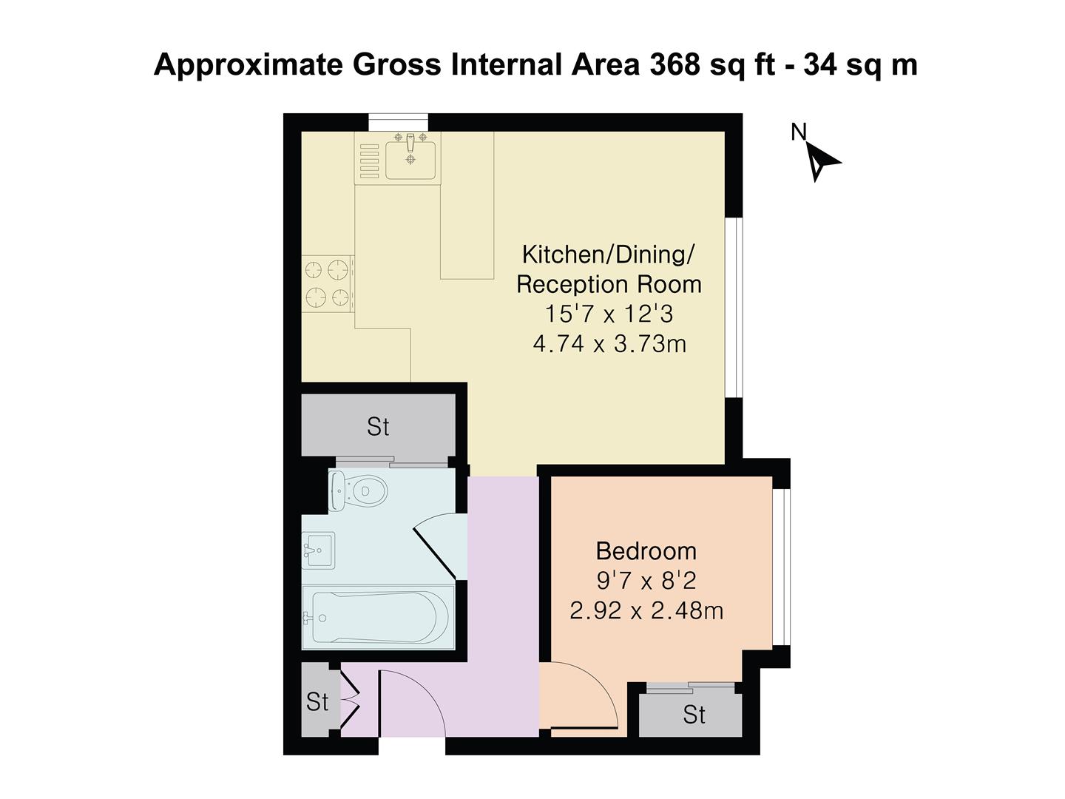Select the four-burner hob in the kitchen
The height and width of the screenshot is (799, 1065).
coord(328,282)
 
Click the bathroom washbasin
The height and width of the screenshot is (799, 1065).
coord(318,550)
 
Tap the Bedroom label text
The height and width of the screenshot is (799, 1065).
coord(646,551)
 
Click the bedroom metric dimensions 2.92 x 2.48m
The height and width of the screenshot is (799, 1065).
coord(646,611)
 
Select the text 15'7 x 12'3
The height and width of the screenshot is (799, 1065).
coord(609,314)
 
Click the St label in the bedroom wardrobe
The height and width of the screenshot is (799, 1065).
coord(694,715)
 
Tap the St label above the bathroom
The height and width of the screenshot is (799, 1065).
coord(378,427)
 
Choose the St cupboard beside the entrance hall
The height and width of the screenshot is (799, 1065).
coord(317,701)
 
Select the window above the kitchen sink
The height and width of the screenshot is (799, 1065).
coord(399,122)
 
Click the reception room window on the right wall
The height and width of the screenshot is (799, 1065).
coord(734,308)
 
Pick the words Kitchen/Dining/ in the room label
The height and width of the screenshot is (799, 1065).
coord(608,254)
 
